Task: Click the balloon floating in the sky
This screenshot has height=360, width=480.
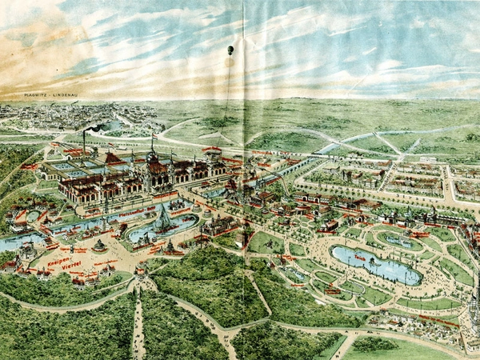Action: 230,50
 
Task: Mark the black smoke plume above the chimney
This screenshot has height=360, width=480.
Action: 94,127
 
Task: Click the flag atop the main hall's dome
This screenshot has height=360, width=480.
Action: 152,138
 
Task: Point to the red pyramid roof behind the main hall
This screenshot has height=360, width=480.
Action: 113,159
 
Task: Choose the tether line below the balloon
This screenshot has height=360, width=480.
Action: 227,88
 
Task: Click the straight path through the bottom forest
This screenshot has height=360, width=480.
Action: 138,324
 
